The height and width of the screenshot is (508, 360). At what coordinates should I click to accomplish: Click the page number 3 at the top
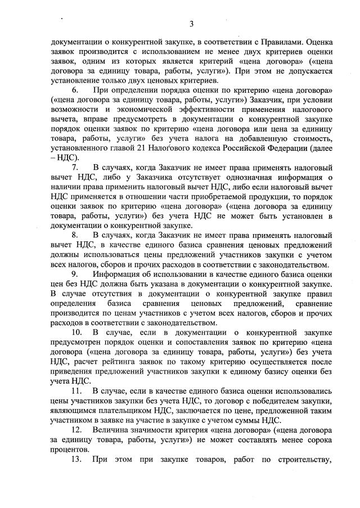191,24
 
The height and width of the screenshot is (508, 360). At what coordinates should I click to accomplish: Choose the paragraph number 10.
76,332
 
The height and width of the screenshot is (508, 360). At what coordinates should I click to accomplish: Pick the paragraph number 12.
76,429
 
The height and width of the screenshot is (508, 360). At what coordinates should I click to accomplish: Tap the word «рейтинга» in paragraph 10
111,362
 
